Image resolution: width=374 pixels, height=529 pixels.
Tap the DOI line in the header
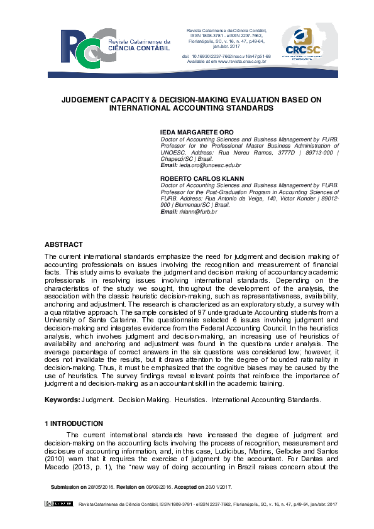coord(226,56)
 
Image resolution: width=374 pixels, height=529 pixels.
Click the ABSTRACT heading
coord(63,244)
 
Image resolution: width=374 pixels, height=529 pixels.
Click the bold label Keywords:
coord(62,400)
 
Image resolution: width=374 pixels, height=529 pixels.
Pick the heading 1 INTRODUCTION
coord(74,423)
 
